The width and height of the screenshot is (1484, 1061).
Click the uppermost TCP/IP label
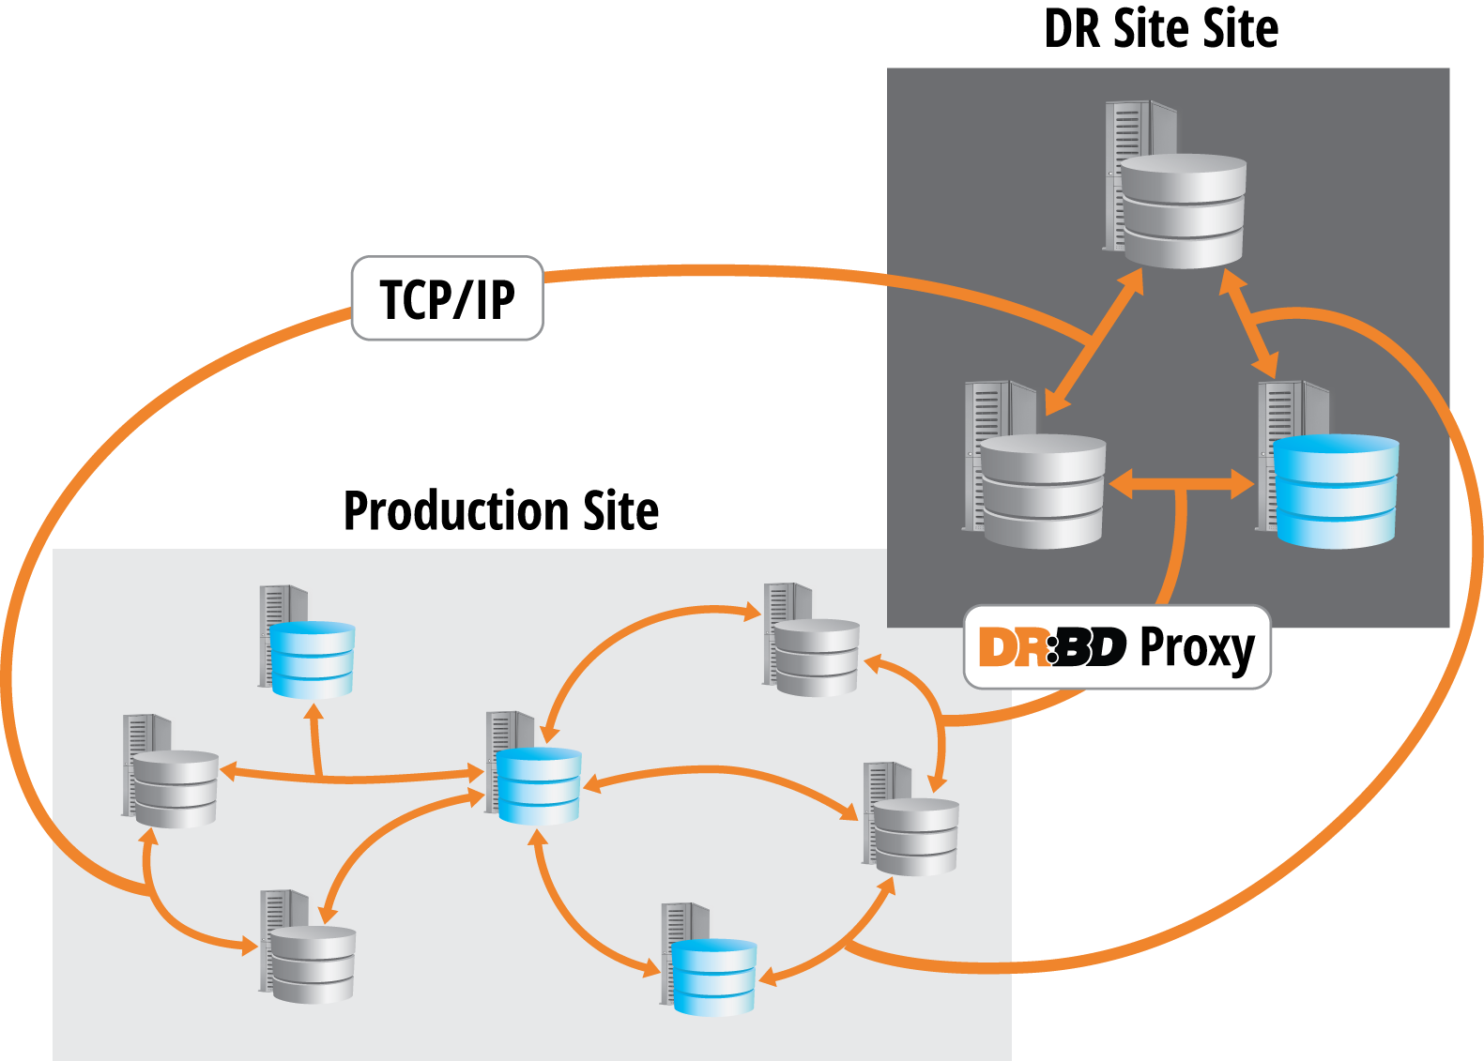pyautogui.click(x=447, y=298)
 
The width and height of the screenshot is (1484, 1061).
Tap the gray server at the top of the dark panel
pyautogui.click(x=1176, y=188)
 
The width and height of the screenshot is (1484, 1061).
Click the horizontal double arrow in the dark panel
pyautogui.click(x=1181, y=484)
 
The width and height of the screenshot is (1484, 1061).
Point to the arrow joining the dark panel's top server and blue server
pyautogui.click(x=1249, y=325)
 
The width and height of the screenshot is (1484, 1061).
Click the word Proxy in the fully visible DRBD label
pyautogui.click(x=1196, y=648)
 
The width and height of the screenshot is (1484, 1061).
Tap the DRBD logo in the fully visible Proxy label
pyautogui.click(x=1051, y=647)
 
